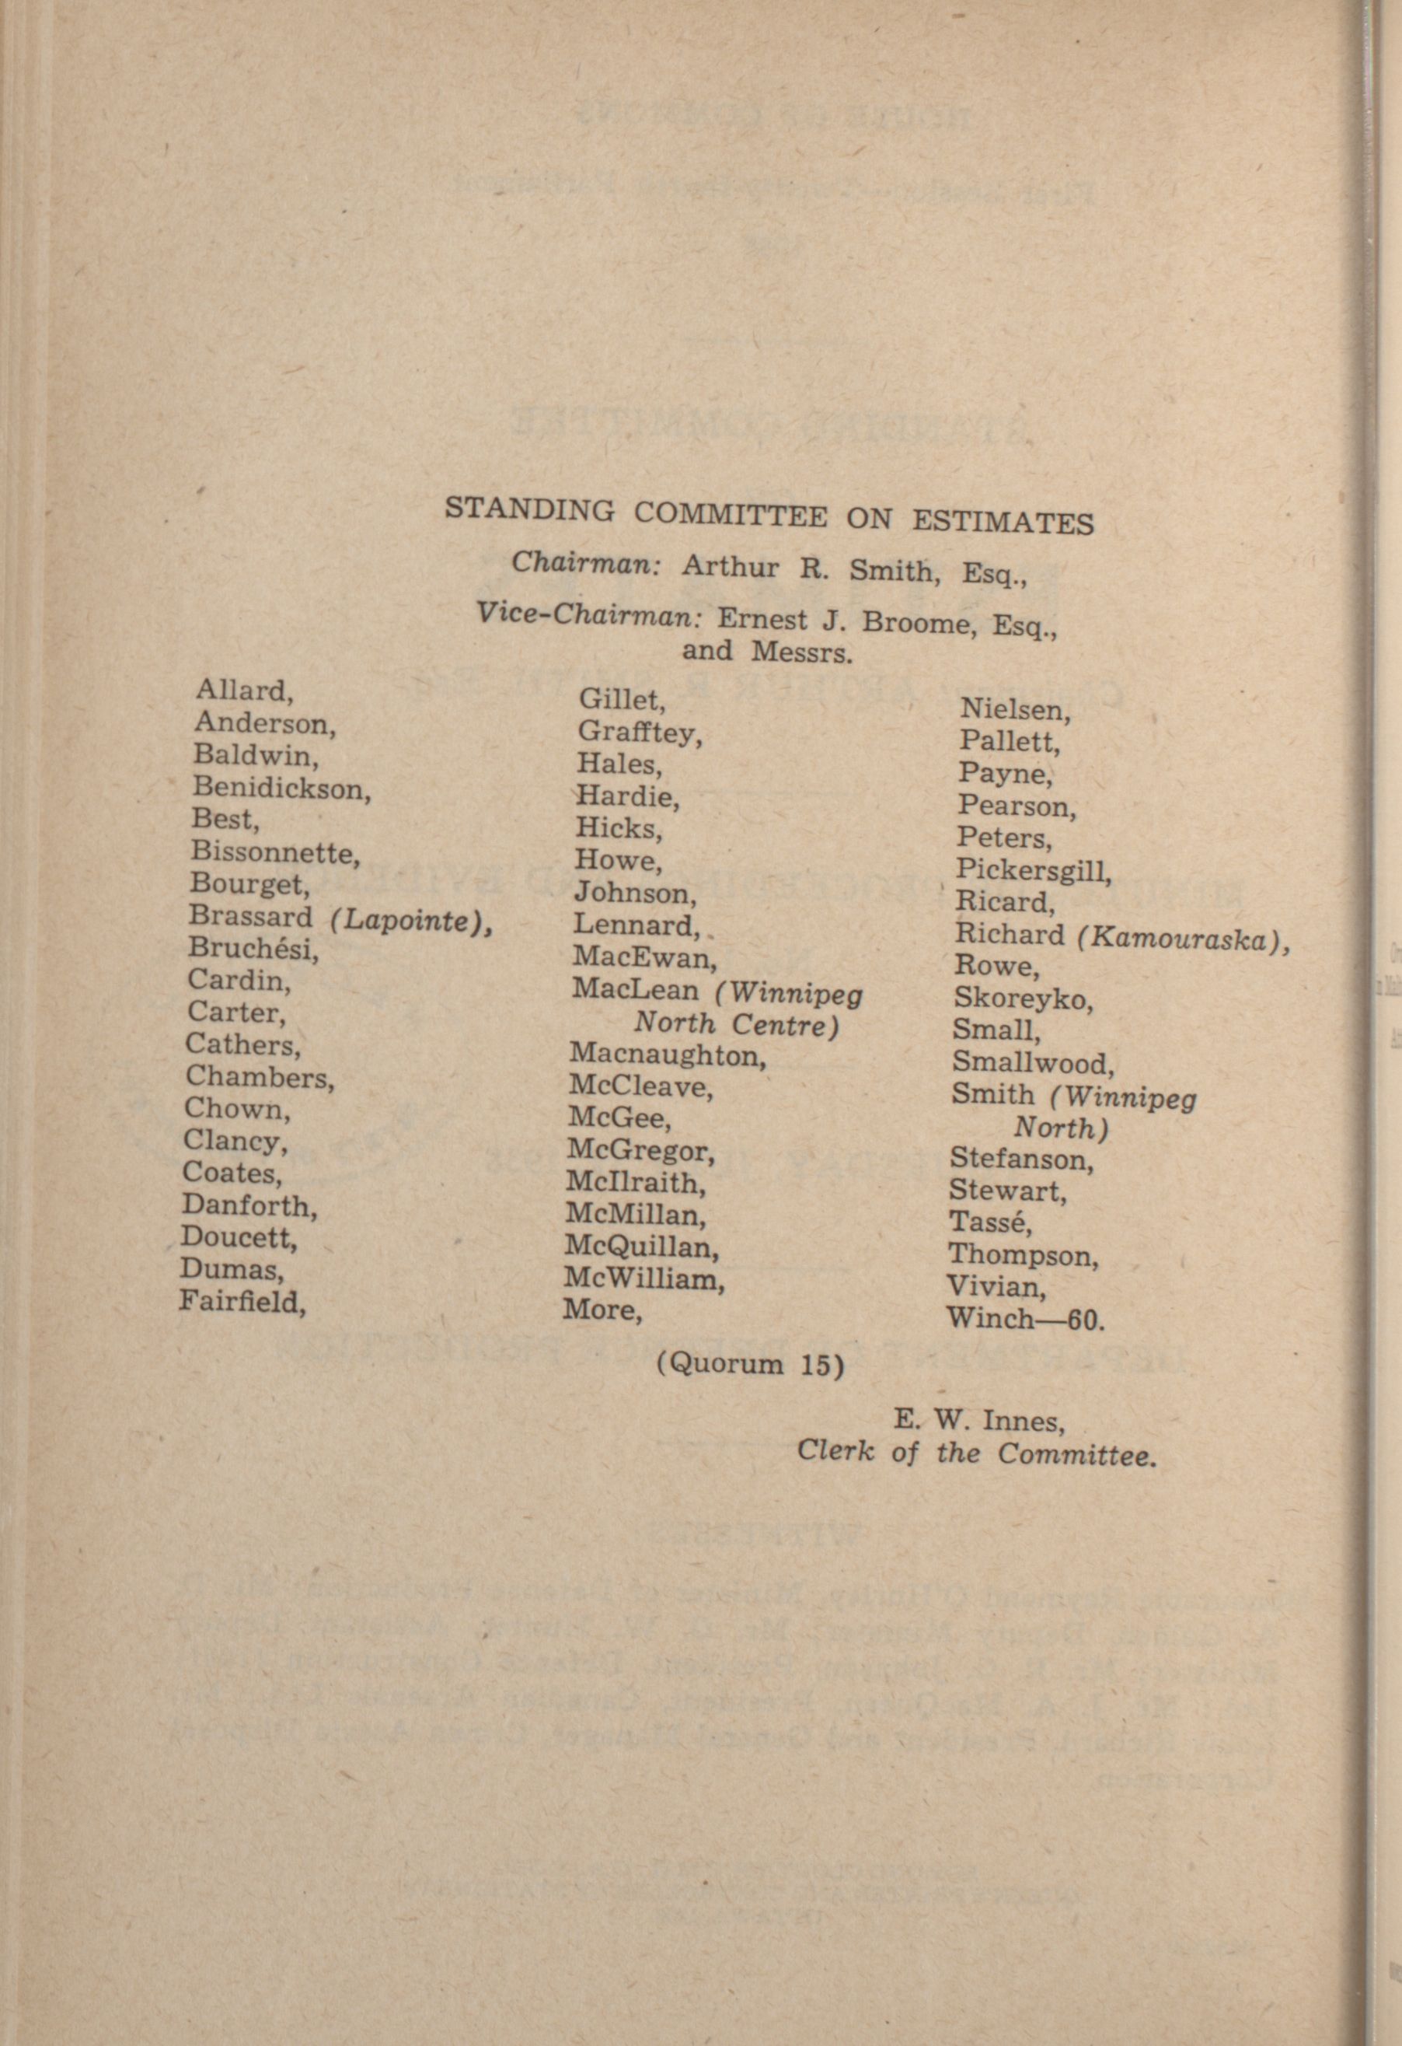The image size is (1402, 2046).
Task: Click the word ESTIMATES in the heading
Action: coord(1003,521)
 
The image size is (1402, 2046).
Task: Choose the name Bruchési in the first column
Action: coord(253,950)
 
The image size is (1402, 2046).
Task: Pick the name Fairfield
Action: coord(242,1300)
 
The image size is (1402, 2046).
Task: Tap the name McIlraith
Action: coord(636,1182)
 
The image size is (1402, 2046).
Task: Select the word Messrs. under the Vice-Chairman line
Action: coord(802,652)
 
